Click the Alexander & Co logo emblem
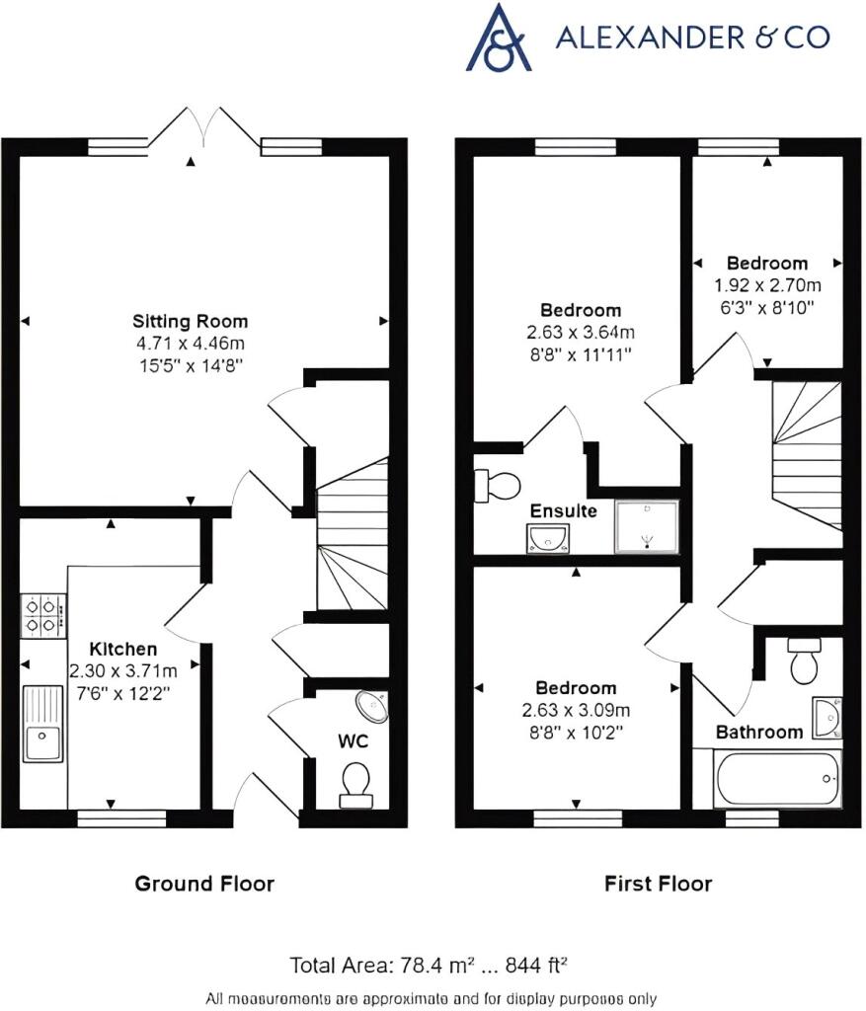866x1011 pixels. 500,38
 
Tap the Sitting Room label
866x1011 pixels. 191,322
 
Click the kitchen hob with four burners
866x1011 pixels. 42,615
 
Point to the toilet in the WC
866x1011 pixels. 354,781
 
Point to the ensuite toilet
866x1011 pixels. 499,485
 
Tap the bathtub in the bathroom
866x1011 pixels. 777,779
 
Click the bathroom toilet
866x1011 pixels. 806,662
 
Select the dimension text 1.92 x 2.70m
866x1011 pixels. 767,284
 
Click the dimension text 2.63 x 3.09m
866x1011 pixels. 577,710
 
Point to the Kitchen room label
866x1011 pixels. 123,649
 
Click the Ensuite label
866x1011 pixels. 563,511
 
